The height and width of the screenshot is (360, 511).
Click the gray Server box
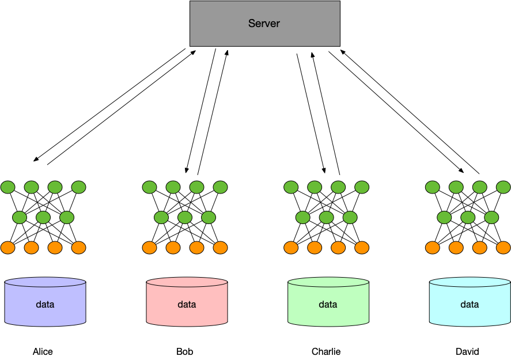tap(265, 24)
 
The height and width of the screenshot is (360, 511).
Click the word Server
tap(264, 24)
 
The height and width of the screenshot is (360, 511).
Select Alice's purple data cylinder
tap(46, 302)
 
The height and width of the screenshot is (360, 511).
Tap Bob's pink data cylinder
tap(187, 302)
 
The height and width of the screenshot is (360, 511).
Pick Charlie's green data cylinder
tap(328, 302)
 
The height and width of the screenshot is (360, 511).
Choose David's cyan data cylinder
tap(470, 302)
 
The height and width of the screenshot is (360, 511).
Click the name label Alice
tap(43, 351)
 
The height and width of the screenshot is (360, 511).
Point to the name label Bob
tap(185, 351)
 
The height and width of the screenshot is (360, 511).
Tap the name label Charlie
tap(326, 351)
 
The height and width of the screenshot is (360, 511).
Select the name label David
tap(467, 351)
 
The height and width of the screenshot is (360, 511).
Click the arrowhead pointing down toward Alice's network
tap(36, 160)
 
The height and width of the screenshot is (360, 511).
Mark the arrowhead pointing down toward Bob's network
tap(187, 170)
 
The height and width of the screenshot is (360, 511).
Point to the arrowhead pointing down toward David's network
tap(461, 170)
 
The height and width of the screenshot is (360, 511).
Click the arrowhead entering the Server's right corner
tap(343, 52)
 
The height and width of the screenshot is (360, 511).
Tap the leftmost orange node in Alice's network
tap(8, 248)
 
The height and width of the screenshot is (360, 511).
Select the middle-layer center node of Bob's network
tap(185, 217)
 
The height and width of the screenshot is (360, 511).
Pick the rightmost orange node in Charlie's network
tap(362, 248)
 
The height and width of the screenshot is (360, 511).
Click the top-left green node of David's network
tap(433, 187)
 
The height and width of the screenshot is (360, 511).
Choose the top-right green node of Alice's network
tap(78, 187)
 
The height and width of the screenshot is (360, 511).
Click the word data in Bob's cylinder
tap(187, 304)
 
